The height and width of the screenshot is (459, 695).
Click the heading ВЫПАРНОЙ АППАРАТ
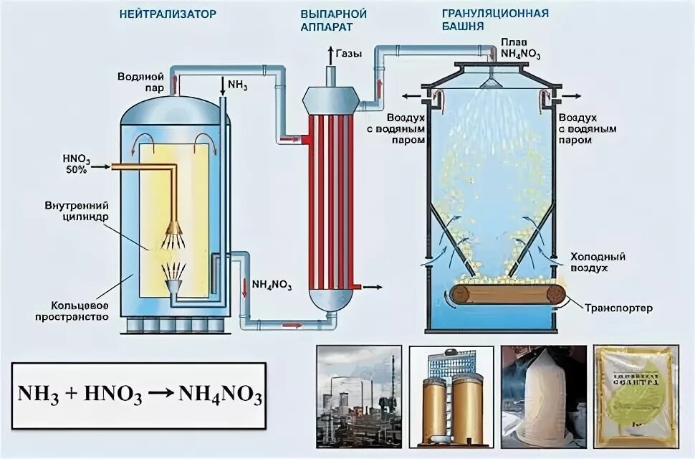tap(334, 19)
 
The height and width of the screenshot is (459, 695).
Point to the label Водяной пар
tap(142, 81)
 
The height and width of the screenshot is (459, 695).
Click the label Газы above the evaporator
tap(348, 53)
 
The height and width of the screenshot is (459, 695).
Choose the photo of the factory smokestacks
tap(358, 396)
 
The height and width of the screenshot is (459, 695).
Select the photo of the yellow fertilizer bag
tap(636, 396)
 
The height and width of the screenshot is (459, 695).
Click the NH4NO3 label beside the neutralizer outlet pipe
tap(272, 285)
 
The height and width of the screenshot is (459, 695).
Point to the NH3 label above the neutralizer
tap(237, 85)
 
